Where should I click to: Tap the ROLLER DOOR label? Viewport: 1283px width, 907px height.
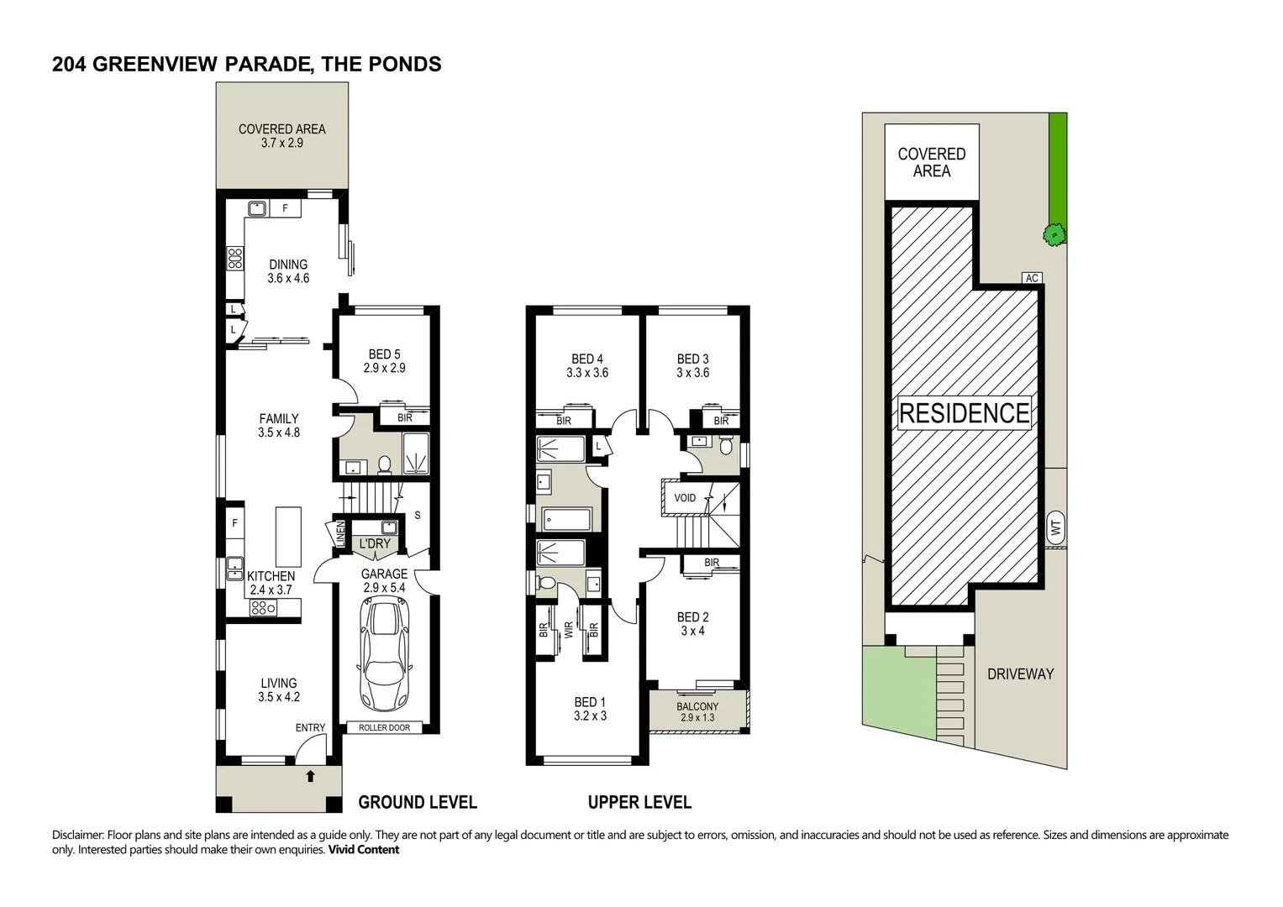click(384, 728)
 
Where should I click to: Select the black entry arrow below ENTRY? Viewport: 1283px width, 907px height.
click(310, 776)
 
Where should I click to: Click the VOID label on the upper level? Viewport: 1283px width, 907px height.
click(685, 497)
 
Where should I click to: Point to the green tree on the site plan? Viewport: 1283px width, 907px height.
click(1054, 234)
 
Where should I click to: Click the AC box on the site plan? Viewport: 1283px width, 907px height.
click(1032, 278)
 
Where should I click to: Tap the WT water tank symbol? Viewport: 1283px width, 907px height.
click(1055, 527)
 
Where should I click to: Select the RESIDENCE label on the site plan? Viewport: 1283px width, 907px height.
click(965, 413)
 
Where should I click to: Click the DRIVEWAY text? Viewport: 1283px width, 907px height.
click(1021, 674)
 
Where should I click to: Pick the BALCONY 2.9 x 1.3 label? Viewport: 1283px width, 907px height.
click(697, 712)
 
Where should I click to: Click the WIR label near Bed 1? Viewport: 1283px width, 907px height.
click(569, 631)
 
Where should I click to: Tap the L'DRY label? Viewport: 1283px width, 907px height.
click(375, 543)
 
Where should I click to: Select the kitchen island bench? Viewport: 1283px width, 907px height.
click(288, 537)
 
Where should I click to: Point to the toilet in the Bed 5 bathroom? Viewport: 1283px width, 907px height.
click(384, 464)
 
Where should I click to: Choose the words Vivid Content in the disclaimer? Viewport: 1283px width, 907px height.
click(363, 850)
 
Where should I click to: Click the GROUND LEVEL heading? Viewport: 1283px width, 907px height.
click(418, 802)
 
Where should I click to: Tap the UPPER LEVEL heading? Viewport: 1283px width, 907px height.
click(639, 802)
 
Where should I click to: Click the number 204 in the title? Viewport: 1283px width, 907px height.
click(69, 64)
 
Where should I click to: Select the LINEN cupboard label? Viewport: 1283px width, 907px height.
click(340, 533)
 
